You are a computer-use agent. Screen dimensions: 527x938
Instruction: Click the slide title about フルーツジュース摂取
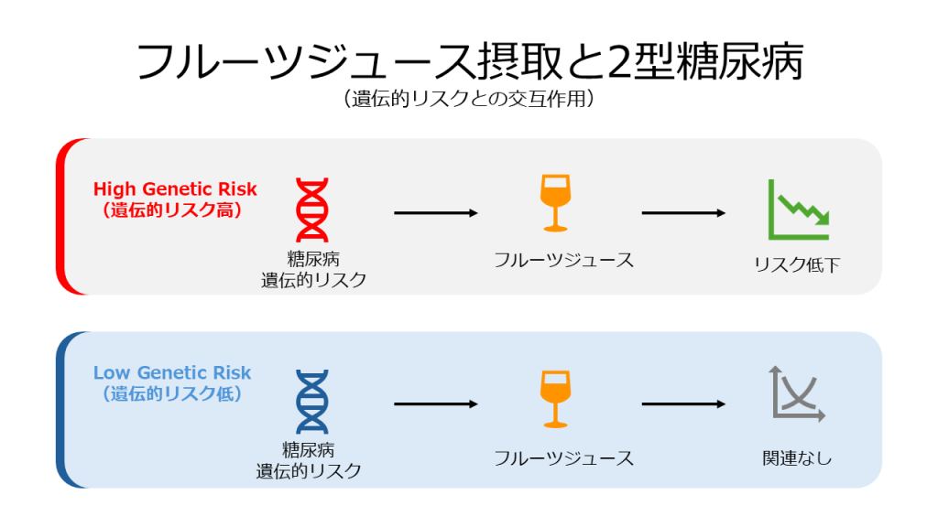pyautogui.click(x=469, y=62)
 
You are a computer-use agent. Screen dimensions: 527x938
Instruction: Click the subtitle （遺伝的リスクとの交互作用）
pyautogui.click(x=469, y=100)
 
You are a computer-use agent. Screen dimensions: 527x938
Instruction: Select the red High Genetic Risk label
pyautogui.click(x=175, y=189)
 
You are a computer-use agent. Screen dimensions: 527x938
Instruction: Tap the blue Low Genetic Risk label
pyautogui.click(x=172, y=373)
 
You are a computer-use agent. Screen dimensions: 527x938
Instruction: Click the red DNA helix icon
pyautogui.click(x=312, y=210)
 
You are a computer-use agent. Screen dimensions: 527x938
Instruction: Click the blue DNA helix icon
pyautogui.click(x=312, y=402)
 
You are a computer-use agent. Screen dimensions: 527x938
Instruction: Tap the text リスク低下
pyautogui.click(x=796, y=265)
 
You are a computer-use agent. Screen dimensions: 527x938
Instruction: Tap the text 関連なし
pyautogui.click(x=797, y=458)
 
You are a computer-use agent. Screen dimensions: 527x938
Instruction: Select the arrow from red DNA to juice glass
pyautogui.click(x=436, y=213)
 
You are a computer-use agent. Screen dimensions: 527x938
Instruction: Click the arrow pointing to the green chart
pyautogui.click(x=683, y=213)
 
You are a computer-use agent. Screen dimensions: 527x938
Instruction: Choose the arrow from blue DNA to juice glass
pyautogui.click(x=436, y=404)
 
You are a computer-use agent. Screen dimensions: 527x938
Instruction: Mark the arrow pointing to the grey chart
pyautogui.click(x=683, y=404)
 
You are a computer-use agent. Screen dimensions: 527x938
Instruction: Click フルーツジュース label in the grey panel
pyautogui.click(x=563, y=260)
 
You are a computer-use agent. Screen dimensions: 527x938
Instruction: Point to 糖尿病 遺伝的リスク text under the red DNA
pyautogui.click(x=313, y=270)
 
